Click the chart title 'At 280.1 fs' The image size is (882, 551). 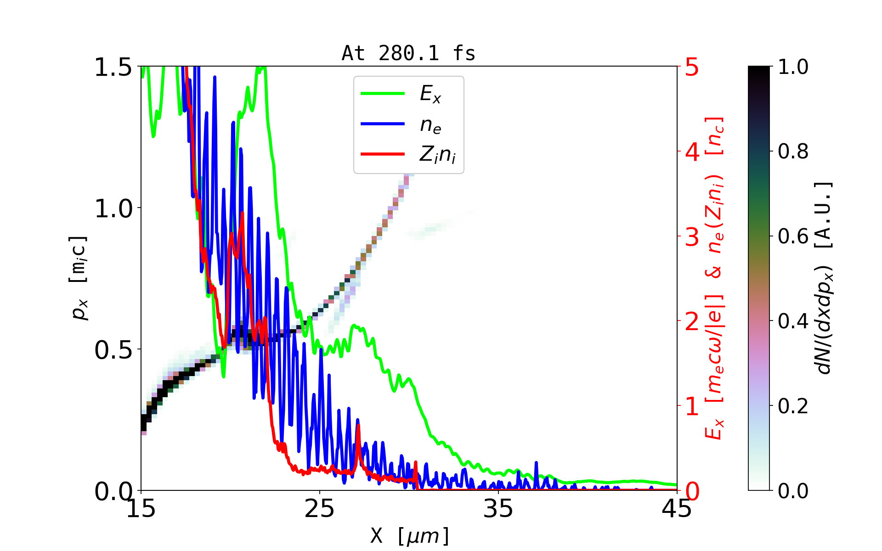point(408,54)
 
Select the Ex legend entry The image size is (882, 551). point(430,94)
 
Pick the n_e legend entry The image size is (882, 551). point(430,125)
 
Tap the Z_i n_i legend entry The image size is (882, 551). point(437,155)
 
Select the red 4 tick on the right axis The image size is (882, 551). point(692,152)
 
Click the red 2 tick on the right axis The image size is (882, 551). point(692,321)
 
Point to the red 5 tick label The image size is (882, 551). point(692,67)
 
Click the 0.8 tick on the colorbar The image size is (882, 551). point(793,152)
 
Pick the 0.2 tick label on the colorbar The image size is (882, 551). point(793,406)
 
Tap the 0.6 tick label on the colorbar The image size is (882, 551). point(793,236)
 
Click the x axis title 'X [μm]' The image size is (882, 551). point(409,535)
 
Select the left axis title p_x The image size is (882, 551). point(78,278)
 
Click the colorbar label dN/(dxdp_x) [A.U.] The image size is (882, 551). point(824,278)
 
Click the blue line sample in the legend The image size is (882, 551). point(383,124)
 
